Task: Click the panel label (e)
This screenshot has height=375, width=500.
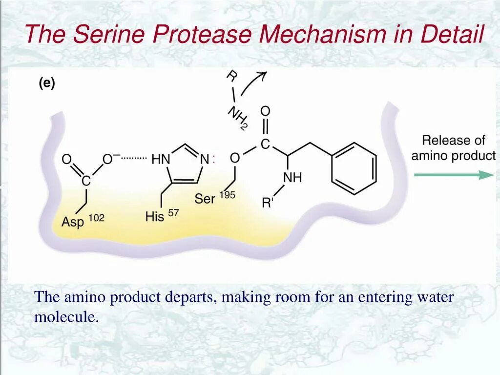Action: point(47,83)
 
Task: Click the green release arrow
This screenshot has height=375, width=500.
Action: point(454,175)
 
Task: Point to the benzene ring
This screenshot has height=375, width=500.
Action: point(354,168)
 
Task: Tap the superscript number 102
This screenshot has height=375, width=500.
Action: point(96,217)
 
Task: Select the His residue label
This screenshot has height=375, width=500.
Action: point(155,216)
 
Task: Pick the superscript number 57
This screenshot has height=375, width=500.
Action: point(173,212)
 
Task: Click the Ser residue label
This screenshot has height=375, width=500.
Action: point(205,199)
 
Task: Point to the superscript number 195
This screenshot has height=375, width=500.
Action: point(227,195)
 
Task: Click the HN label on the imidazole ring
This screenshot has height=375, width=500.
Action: point(161,159)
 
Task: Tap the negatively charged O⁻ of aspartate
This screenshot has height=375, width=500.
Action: point(110,159)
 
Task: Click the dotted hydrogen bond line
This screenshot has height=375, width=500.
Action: point(133,158)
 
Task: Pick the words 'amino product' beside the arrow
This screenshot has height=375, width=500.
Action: point(453,156)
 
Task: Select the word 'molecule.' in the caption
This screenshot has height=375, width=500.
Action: point(66,317)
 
